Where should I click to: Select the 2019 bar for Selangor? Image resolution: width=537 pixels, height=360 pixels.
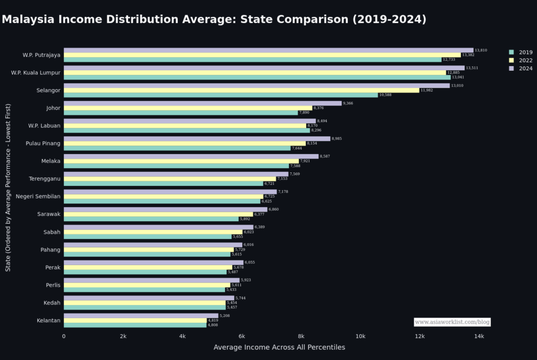221,95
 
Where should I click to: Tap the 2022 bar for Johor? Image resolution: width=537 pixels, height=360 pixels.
188,108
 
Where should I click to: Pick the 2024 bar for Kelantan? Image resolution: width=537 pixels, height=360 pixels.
141,315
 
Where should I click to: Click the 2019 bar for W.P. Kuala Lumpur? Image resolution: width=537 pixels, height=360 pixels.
257,77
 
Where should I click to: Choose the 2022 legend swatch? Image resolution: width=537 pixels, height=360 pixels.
511,60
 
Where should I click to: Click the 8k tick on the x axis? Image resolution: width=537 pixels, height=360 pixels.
301,336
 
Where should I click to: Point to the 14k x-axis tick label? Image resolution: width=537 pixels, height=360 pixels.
479,336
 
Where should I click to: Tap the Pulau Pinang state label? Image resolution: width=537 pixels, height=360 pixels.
43,143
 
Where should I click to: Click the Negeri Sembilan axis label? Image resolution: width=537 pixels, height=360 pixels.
38,197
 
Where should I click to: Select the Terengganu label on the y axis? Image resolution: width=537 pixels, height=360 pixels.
45,179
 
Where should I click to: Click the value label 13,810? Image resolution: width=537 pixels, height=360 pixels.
481,50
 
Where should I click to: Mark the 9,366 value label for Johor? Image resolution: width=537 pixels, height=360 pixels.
348,103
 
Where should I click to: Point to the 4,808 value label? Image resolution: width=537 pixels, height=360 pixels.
213,325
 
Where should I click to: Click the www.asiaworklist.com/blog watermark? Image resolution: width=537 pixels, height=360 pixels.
452,322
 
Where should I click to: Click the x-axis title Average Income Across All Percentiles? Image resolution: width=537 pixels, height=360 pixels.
279,347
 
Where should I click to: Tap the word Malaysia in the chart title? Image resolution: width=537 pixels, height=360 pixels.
29,19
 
